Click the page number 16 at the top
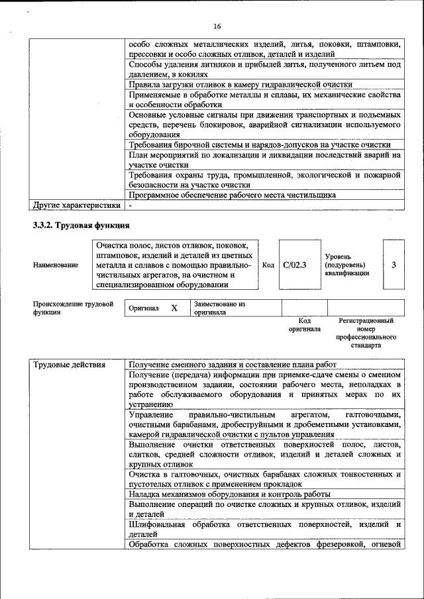pyautogui.click(x=217, y=26)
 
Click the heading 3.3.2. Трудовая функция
pyautogui.click(x=80, y=225)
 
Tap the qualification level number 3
pyautogui.click(x=394, y=265)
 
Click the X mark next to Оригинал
pyautogui.click(x=174, y=308)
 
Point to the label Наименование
pyautogui.click(x=56, y=265)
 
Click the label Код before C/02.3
pyautogui.click(x=268, y=265)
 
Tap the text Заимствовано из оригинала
pyautogui.click(x=219, y=308)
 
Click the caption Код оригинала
pyautogui.click(x=304, y=324)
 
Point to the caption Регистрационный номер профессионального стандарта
pyautogui.click(x=366, y=333)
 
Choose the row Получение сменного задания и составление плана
pyautogui.click(x=233, y=365)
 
